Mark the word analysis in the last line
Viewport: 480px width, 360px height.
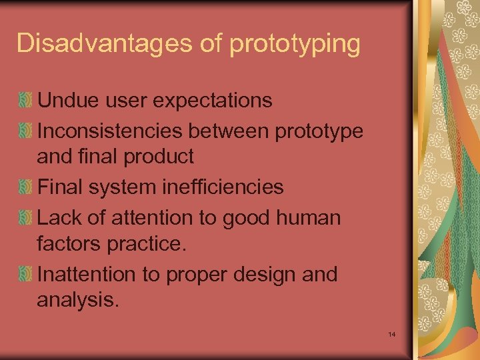[78, 301]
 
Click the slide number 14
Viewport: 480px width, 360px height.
[391, 333]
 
